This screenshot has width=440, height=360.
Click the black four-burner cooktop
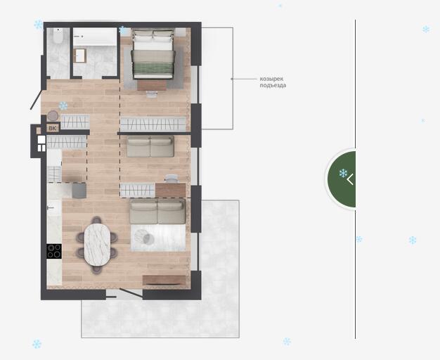click(x=54, y=251)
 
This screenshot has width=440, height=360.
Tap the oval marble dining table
click(x=98, y=245)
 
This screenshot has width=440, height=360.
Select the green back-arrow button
click(x=341, y=179)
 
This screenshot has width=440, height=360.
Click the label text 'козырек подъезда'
click(x=273, y=82)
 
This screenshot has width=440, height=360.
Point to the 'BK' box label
click(x=53, y=128)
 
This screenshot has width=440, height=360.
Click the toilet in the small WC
click(x=58, y=36)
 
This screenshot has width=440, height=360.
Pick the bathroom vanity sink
click(x=80, y=56)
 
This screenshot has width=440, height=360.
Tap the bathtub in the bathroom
click(x=95, y=37)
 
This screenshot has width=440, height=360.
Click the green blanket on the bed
click(x=153, y=68)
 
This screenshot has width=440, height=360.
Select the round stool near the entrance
click(x=53, y=116)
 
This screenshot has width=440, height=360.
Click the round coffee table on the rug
click(x=145, y=237)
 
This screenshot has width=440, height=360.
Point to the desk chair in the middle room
click(x=172, y=179)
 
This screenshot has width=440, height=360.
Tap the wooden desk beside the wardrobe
click(x=170, y=190)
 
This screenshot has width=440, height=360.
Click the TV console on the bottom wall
click(x=164, y=281)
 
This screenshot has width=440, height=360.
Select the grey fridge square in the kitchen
click(x=79, y=191)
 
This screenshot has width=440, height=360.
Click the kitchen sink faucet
click(x=51, y=208)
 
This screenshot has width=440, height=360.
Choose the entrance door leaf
click(x=37, y=100)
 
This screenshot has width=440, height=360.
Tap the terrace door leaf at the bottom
click(x=131, y=292)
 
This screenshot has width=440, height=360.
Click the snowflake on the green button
click(x=343, y=173)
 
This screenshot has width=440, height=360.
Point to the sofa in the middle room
click(x=150, y=146)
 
